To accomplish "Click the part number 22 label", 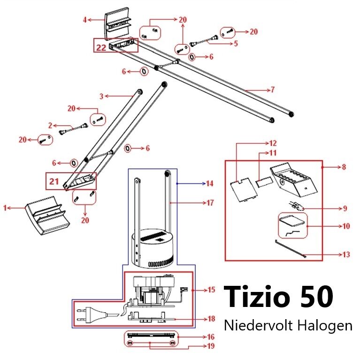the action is click(101, 47).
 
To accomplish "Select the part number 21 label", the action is click(54, 181).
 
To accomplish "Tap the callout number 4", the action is click(85, 20).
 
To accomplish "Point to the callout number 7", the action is click(273, 90).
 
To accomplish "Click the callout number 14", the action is click(210, 184).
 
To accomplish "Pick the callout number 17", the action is click(210, 203).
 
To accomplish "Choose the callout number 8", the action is click(344, 167).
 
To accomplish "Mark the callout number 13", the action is click(346, 254).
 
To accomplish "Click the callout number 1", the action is click(5, 208).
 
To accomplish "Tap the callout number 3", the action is click(101, 96).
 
